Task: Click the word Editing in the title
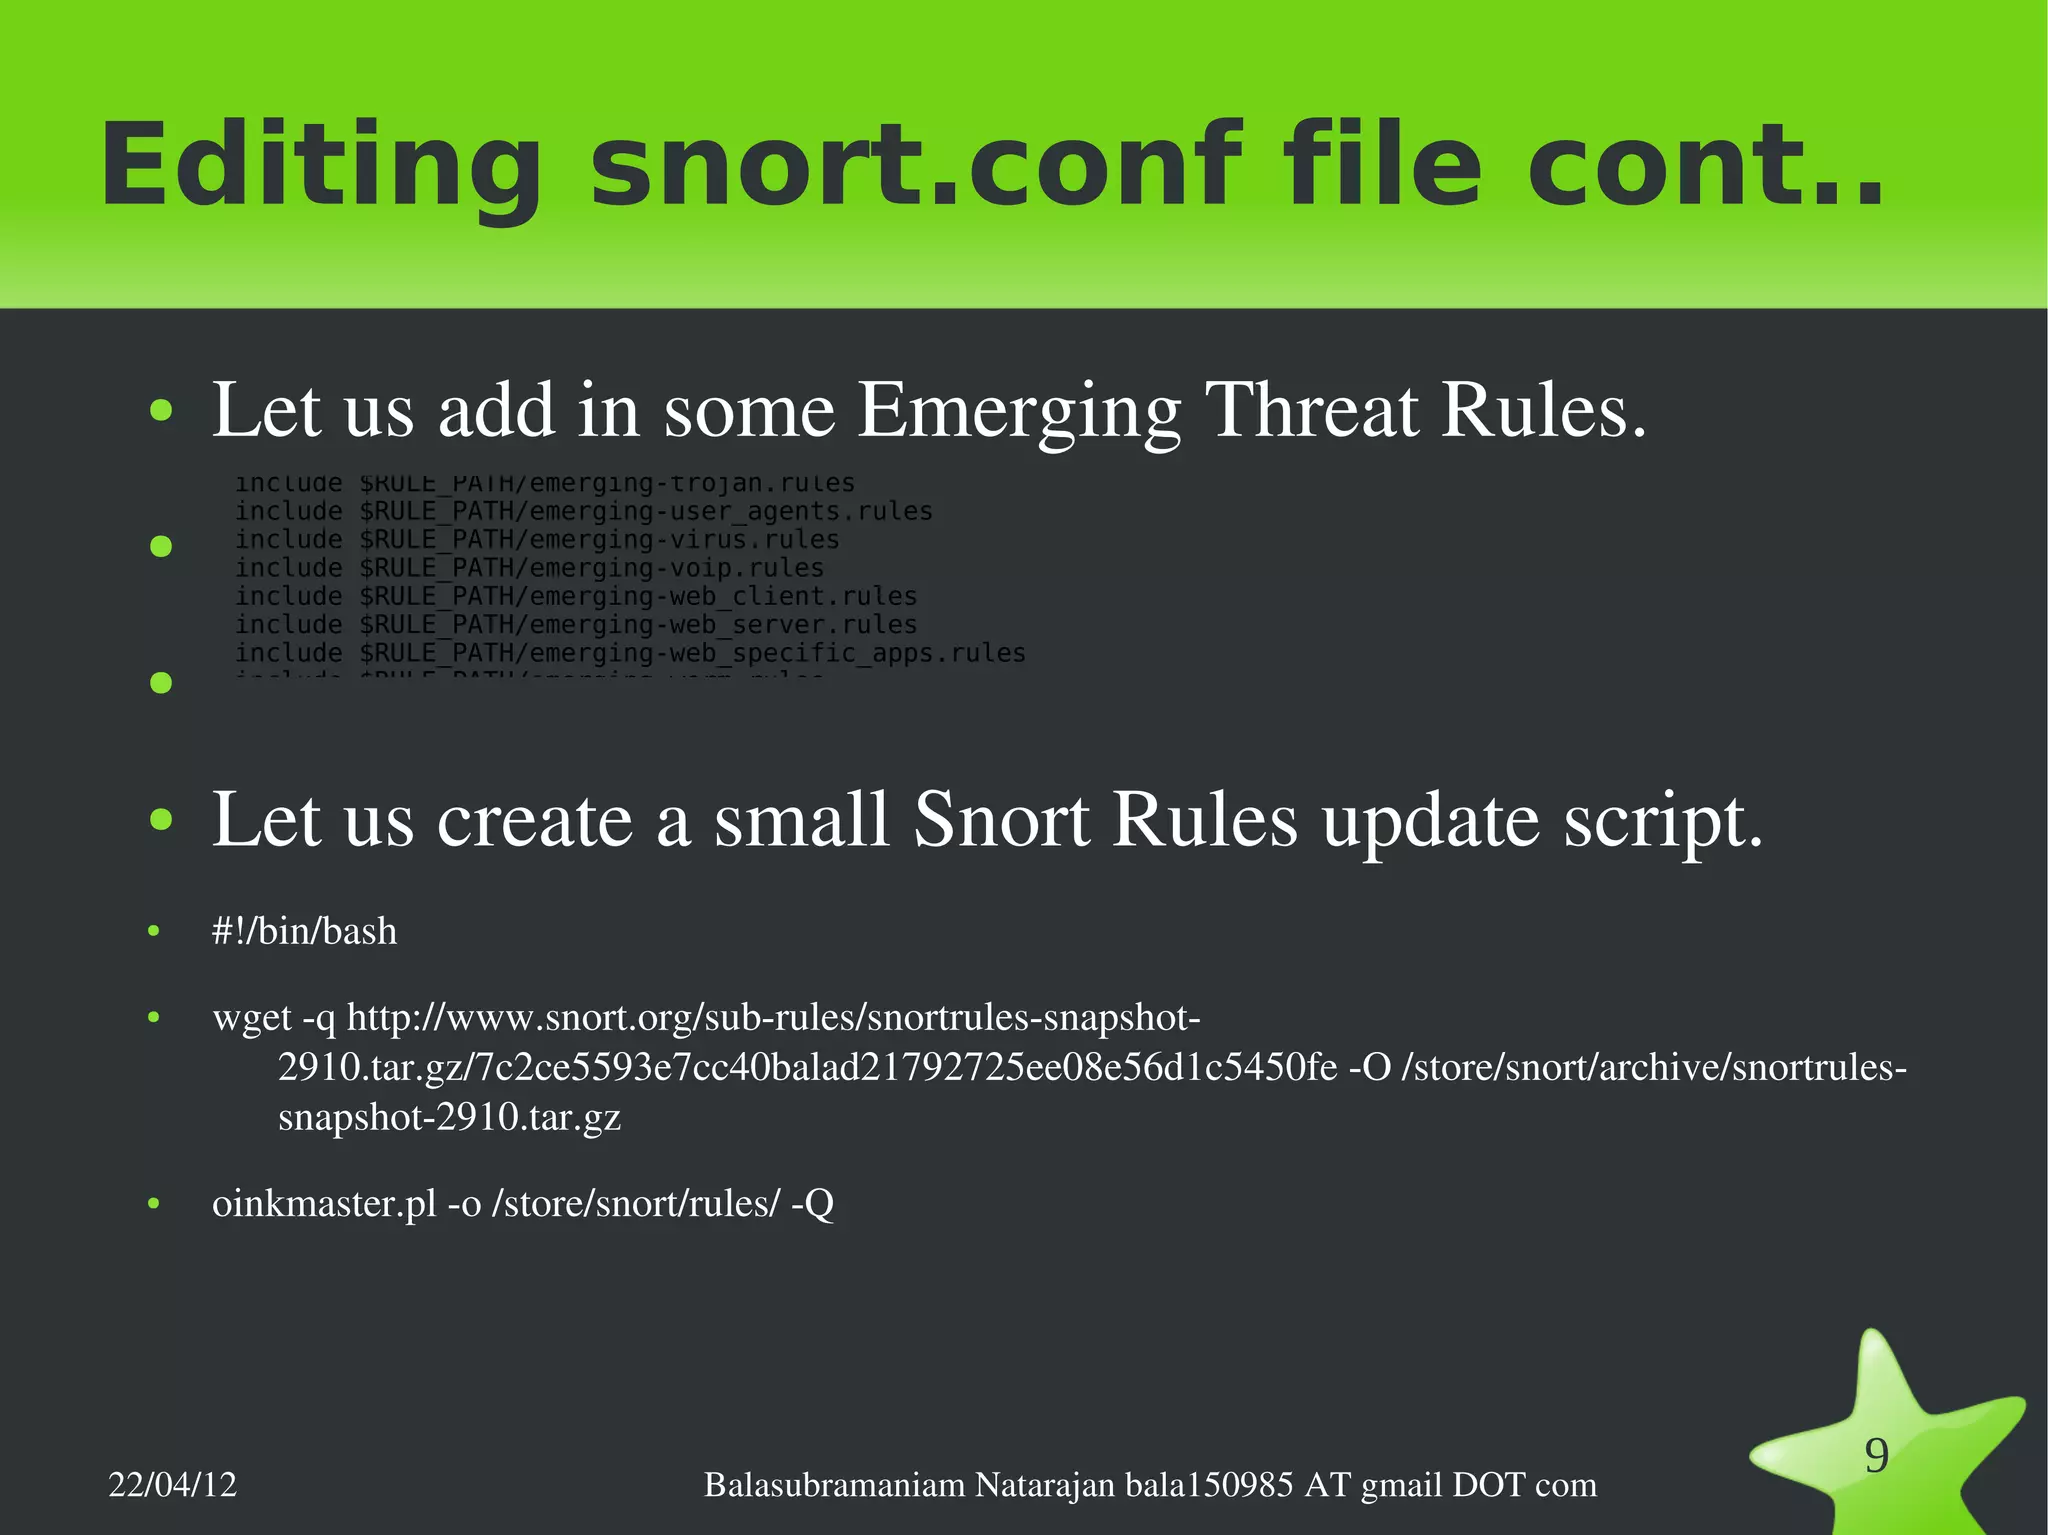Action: (x=320, y=165)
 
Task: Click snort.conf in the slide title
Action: (x=914, y=165)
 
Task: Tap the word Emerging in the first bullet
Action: (x=1018, y=410)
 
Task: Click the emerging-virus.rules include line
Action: (x=537, y=540)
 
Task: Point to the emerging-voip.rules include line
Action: (x=529, y=568)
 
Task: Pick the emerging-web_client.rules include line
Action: (x=576, y=597)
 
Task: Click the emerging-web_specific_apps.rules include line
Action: (x=630, y=654)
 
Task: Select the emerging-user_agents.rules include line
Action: (x=584, y=512)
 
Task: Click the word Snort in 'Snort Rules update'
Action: (x=1000, y=820)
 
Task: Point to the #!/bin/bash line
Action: (x=304, y=932)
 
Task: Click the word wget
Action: (x=252, y=1019)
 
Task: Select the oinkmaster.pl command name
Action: (x=324, y=1204)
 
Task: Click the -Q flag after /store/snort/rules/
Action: (x=812, y=1204)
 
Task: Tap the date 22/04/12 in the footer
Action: (x=172, y=1485)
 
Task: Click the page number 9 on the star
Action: (x=1877, y=1456)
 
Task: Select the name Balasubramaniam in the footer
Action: (x=834, y=1485)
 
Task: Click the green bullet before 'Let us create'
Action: (x=160, y=821)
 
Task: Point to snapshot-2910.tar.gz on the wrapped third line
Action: (x=449, y=1117)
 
